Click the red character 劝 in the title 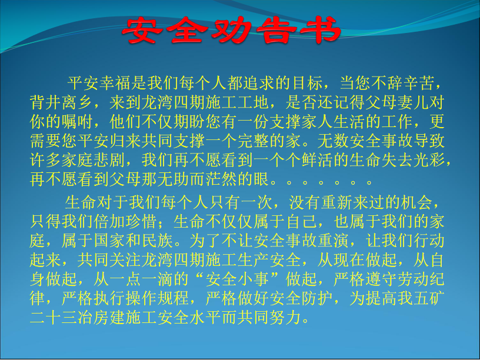tap(230, 29)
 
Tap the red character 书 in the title tap(320, 29)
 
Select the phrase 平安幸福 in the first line tap(99, 83)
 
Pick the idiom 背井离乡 tap(62, 102)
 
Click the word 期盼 tap(189, 122)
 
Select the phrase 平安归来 tap(109, 141)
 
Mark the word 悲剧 tap(109, 160)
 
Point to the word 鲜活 tap(317, 160)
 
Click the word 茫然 tap(221, 179)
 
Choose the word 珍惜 tap(141, 221)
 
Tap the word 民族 tap(157, 241)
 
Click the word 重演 tap(333, 241)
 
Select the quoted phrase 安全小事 tap(237, 279)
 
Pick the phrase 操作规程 tap(157, 298)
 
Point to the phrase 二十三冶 tap(62, 317)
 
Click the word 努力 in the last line tap(285, 317)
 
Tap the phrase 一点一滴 tap(141, 279)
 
